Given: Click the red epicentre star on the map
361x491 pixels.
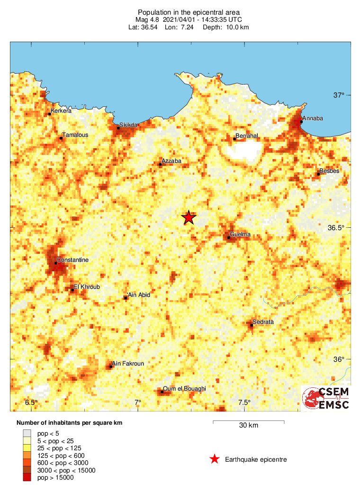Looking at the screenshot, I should click(x=189, y=217).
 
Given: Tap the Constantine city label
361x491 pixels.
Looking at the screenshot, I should click(x=72, y=260).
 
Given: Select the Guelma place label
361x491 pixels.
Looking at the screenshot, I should click(x=240, y=234).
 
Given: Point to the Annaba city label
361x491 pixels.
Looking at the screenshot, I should click(x=313, y=118).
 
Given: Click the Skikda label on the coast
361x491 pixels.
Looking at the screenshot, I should click(x=128, y=125).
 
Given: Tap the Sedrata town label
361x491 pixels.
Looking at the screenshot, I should click(x=263, y=322).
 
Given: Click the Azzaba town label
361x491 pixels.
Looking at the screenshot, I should click(x=171, y=161).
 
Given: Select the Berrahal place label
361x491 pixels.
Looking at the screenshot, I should click(x=247, y=136).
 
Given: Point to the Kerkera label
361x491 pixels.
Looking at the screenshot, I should click(x=61, y=111).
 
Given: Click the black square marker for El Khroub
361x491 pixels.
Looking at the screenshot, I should click(x=72, y=290).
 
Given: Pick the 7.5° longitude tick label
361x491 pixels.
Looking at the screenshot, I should click(x=244, y=402).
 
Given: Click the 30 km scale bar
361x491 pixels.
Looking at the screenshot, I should click(x=248, y=421).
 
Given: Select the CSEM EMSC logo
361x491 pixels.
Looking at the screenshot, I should click(x=326, y=398).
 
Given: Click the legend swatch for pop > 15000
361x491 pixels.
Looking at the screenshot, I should click(x=27, y=478).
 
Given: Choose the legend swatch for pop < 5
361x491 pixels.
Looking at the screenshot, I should click(x=27, y=433).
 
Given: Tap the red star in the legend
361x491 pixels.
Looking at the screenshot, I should click(x=215, y=459).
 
